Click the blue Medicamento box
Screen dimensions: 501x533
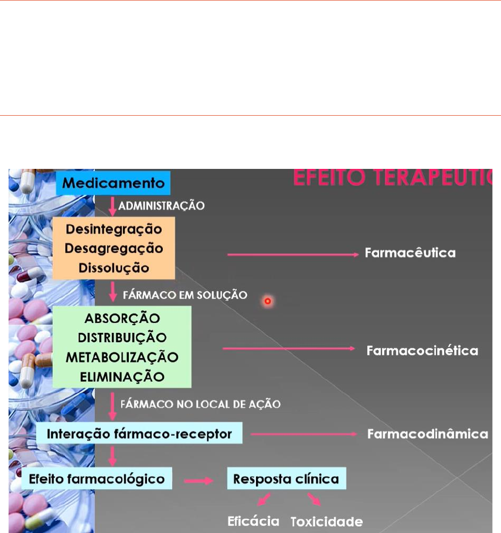(x=113, y=183)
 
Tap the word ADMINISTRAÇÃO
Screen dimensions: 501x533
(x=162, y=206)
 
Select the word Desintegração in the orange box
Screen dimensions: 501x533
(x=114, y=229)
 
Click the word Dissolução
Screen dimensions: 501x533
(x=114, y=268)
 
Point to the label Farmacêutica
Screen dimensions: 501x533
(x=410, y=253)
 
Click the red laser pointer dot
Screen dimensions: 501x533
(x=268, y=301)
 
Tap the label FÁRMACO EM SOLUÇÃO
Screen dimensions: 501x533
(x=185, y=294)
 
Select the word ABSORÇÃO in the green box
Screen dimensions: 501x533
(x=122, y=318)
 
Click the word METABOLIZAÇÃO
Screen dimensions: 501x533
(x=122, y=358)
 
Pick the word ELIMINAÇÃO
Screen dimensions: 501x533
(x=122, y=377)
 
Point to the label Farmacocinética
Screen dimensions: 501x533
(x=422, y=350)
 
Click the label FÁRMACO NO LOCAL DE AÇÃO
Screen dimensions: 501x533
(x=201, y=404)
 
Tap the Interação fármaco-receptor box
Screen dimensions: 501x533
(x=139, y=433)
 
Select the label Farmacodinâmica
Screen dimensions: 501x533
(x=428, y=434)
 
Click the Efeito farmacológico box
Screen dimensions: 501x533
(x=97, y=478)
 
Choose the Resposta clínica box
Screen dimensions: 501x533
(x=287, y=478)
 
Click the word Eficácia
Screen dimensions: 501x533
(x=253, y=521)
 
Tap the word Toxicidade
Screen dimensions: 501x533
(x=327, y=522)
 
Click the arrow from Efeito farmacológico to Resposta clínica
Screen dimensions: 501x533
(x=198, y=481)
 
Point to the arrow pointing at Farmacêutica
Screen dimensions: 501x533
(x=293, y=254)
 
